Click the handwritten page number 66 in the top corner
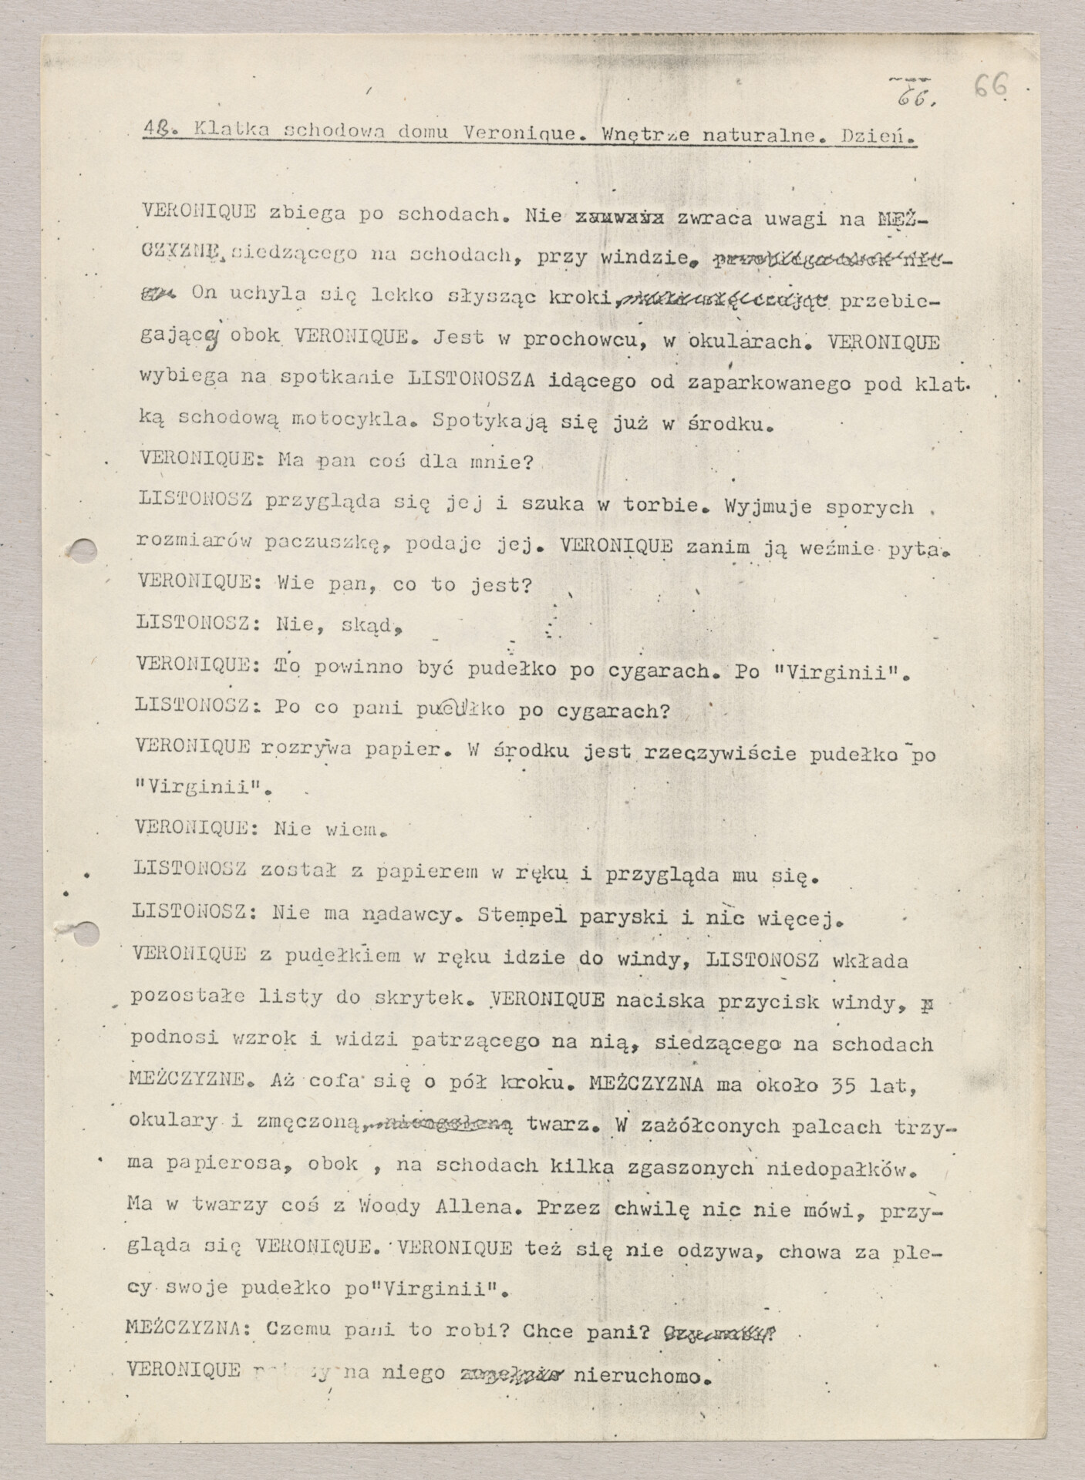(x=989, y=88)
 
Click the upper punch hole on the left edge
(x=83, y=549)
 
